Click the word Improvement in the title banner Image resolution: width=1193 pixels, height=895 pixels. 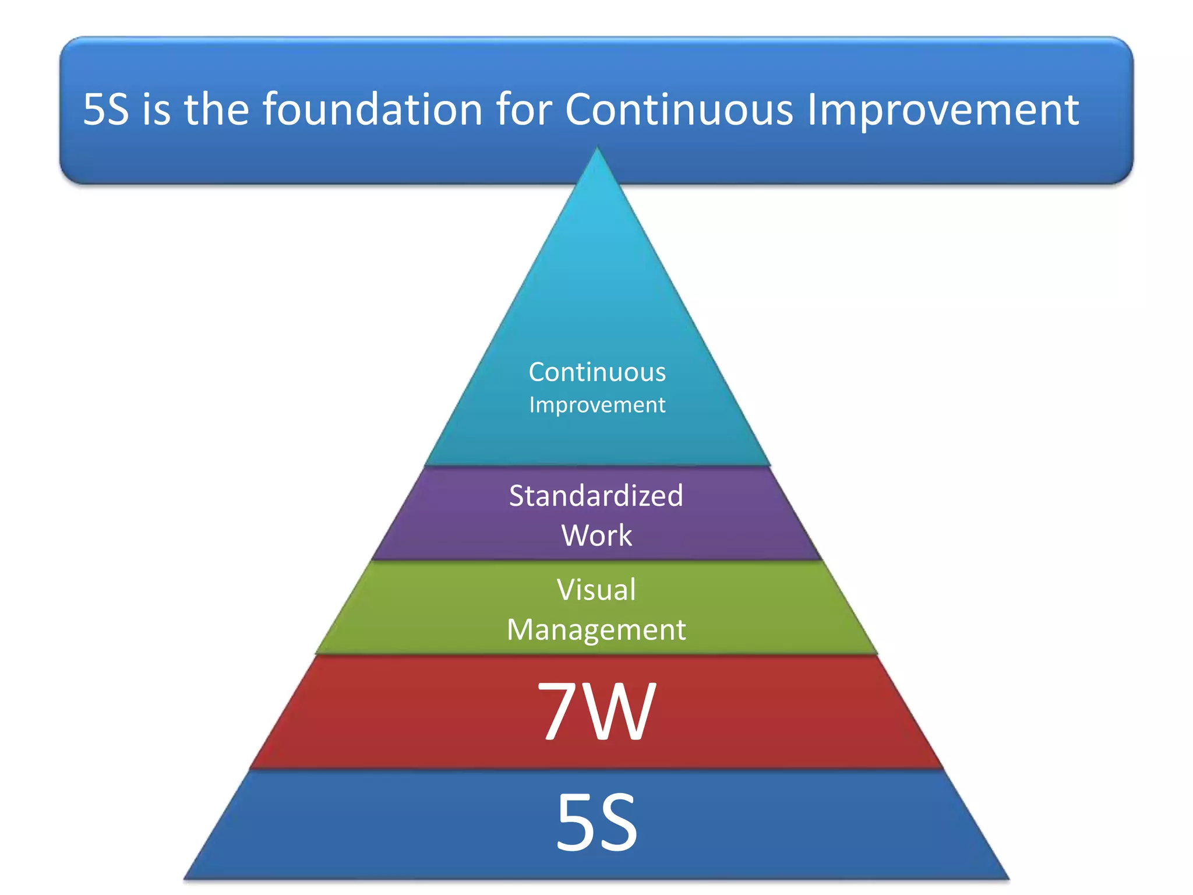click(x=943, y=111)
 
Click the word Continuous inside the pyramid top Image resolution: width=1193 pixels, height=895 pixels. click(x=597, y=372)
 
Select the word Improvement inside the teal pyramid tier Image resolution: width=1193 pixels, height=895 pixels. click(x=597, y=405)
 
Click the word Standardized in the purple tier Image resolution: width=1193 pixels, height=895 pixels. click(x=596, y=496)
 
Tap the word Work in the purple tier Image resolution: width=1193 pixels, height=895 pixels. click(x=596, y=535)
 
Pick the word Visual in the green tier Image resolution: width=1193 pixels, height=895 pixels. click(x=596, y=590)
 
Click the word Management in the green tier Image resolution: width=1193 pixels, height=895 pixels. click(x=596, y=629)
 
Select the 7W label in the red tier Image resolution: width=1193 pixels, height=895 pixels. click(x=596, y=711)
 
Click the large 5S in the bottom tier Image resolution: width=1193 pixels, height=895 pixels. click(x=596, y=823)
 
